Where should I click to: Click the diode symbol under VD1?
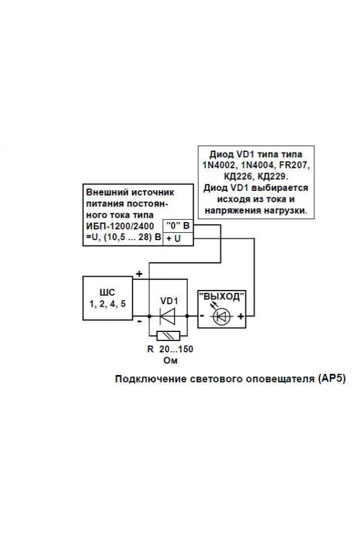point(167,316)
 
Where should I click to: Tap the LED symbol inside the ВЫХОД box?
point(221,316)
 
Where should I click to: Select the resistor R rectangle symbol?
point(168,336)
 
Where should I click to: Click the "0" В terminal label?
point(178,226)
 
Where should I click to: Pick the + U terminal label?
point(173,239)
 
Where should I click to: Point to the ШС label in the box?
point(107,292)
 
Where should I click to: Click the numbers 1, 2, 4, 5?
point(107,304)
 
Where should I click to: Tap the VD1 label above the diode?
point(169,301)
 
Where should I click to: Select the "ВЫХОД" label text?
point(221,297)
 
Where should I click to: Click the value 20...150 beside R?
point(176,349)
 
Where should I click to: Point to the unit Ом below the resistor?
point(170,360)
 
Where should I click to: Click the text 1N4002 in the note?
point(218,166)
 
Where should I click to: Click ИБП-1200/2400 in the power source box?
point(120,226)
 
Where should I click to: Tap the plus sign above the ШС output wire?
point(139,274)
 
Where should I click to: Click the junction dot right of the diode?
point(187,316)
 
